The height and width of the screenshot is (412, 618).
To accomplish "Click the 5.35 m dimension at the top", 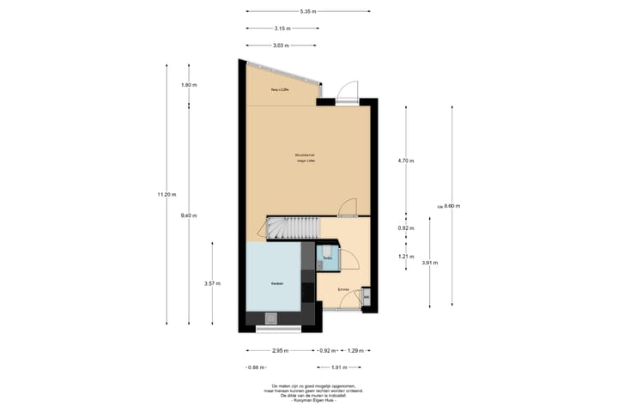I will tap(308, 11).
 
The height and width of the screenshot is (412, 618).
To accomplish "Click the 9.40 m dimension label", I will tap(189, 215).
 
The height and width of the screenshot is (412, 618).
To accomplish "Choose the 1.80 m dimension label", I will tap(189, 85).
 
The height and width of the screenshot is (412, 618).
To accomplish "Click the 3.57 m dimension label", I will tap(212, 283).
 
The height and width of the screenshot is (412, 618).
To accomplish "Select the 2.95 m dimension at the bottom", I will tap(279, 350).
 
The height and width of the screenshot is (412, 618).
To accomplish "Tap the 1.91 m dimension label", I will tap(341, 367).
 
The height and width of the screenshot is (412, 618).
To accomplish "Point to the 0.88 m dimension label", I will tap(253, 367).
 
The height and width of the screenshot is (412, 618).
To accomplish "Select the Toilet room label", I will tap(327, 257).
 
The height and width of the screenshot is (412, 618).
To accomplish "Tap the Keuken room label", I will tap(277, 283).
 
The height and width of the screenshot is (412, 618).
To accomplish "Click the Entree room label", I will tap(343, 290).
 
